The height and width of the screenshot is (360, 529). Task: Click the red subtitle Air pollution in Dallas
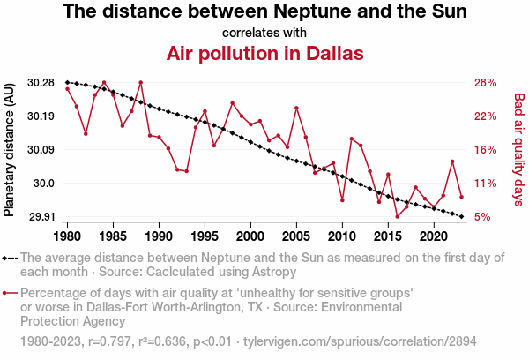coord(264,53)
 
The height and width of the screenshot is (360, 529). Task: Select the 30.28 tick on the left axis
coord(41,83)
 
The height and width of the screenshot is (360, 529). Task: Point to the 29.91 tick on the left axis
coord(41,216)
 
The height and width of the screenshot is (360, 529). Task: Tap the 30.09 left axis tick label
coord(41,150)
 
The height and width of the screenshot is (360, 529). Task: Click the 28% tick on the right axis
coord(488,83)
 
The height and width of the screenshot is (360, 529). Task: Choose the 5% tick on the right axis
coord(484,216)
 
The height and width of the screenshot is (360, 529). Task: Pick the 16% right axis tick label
coord(488,150)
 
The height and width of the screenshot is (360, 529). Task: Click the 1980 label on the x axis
coord(68,236)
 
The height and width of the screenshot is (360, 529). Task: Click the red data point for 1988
coord(141,82)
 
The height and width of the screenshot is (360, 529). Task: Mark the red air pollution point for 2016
coord(397,216)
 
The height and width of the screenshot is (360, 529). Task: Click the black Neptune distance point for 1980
coord(68,82)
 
